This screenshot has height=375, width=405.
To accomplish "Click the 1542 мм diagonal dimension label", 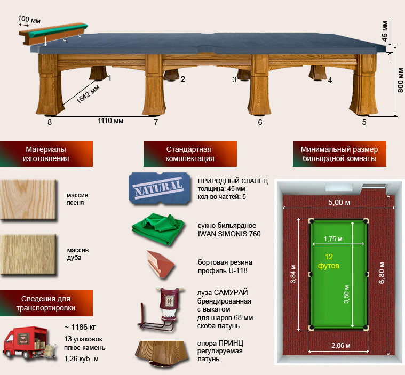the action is [x=88, y=94].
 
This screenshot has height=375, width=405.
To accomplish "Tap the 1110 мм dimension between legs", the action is [x=110, y=121].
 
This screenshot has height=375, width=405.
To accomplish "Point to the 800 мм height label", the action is [x=400, y=80].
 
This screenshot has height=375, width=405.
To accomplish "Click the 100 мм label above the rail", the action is [x=29, y=19].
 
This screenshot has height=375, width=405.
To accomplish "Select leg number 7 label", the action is [x=156, y=122].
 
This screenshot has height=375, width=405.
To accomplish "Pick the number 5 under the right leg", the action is [x=364, y=122].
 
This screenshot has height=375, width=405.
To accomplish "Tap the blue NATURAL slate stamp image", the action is [x=160, y=188].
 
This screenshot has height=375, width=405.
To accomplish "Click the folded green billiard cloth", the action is [x=158, y=228].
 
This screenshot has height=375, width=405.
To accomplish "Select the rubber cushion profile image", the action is [x=160, y=264].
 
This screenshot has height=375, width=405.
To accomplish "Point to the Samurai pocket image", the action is [x=162, y=309].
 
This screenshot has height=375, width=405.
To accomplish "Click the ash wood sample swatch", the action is [x=28, y=200].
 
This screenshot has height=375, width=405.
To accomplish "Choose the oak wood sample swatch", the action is [x=28, y=254].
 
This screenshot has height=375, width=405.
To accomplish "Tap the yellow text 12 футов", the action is [x=329, y=261].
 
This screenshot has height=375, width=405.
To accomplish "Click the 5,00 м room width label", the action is [x=339, y=202].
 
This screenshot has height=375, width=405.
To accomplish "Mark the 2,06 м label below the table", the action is [x=341, y=345].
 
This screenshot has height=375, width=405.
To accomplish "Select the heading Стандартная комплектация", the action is [x=190, y=154].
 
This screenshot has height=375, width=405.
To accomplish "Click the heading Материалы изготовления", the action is [x=46, y=154].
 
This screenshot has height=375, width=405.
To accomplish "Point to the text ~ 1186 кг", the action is [x=80, y=327].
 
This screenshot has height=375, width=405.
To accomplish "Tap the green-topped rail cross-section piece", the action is [x=53, y=34].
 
